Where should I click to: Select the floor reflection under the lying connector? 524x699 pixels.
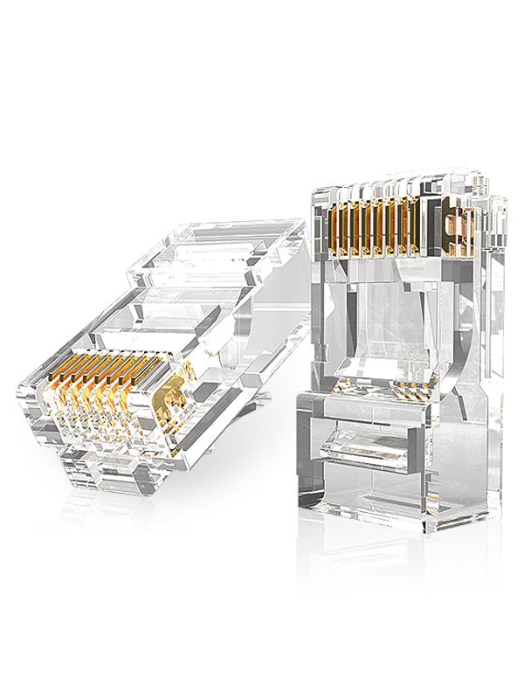click(131, 524)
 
